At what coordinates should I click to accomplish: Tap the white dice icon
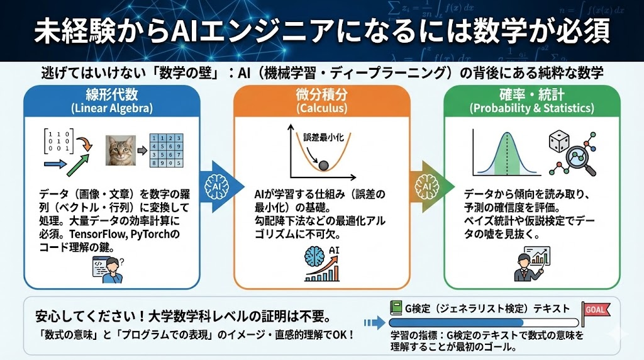[560, 142]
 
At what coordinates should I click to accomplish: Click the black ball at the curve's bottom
[323, 166]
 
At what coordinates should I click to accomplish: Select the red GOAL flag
[594, 309]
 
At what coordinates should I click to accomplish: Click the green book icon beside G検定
[396, 308]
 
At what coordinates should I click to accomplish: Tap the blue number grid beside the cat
[165, 151]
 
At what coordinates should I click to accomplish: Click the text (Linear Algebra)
[112, 108]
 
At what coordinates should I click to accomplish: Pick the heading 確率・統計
[531, 95]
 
